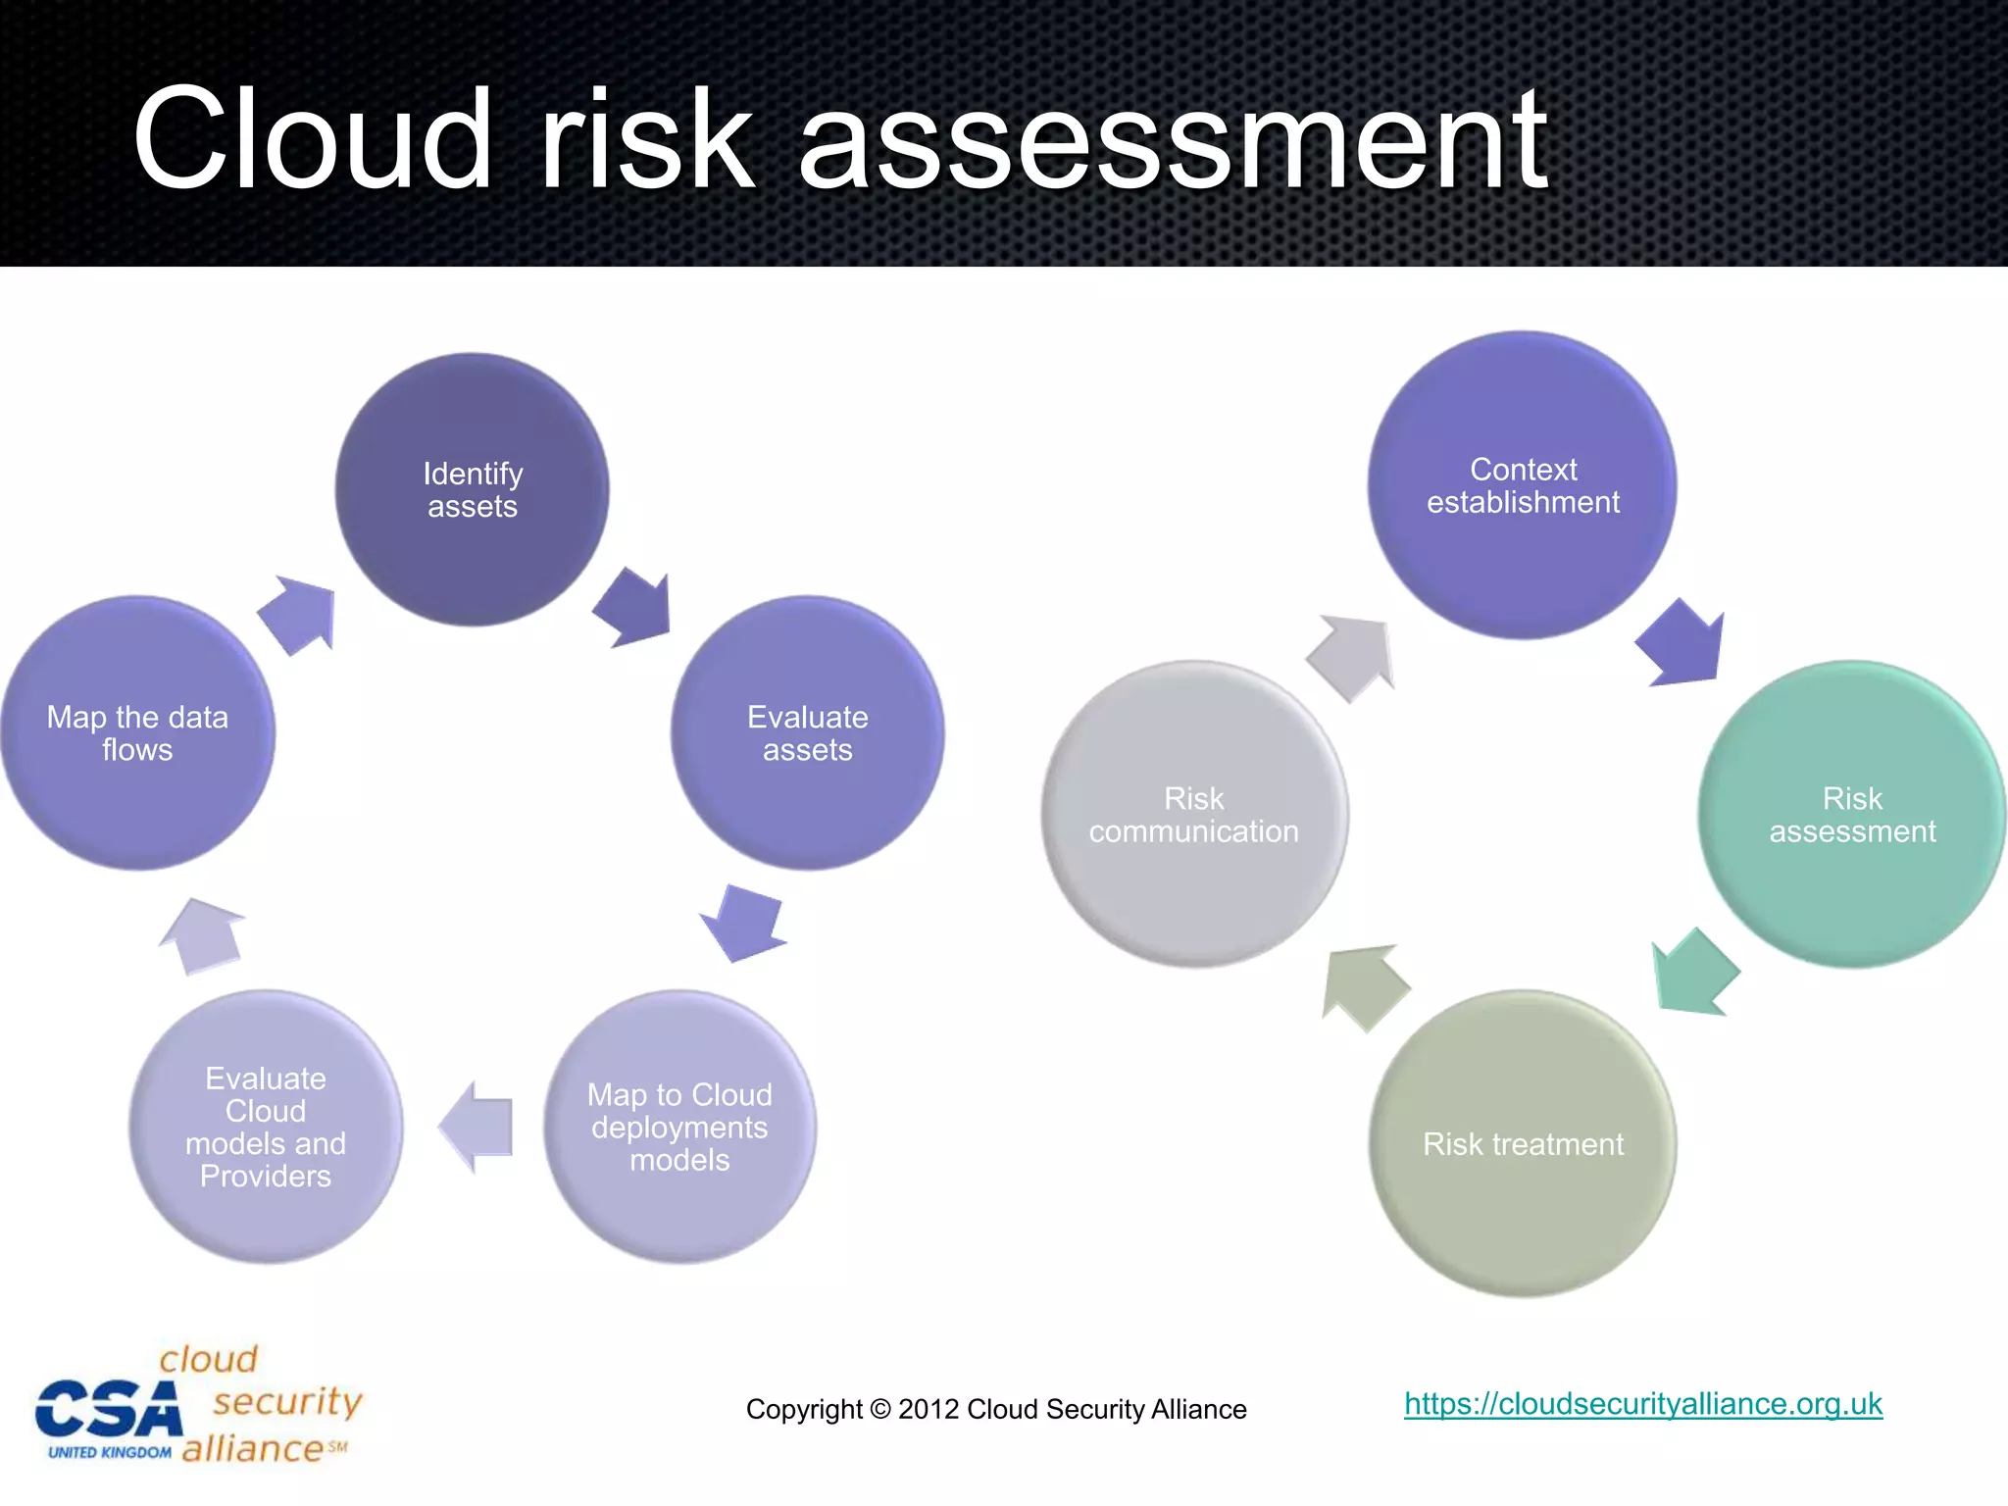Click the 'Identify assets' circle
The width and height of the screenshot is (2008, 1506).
coord(472,489)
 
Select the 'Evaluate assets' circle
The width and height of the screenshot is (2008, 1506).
coord(807,732)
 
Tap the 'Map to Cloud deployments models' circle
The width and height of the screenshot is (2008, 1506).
coord(679,1127)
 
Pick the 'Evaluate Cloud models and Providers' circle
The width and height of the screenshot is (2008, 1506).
coord(266,1127)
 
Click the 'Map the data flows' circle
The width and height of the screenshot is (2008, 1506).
coord(137,732)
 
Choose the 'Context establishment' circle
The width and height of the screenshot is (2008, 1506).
coord(1523,485)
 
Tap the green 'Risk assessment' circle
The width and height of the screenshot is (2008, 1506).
coord(1852,814)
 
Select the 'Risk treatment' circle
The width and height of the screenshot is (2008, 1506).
coord(1523,1143)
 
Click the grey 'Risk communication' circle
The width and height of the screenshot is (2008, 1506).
coord(1194,814)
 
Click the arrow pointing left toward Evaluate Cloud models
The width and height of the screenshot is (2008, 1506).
coord(477,1127)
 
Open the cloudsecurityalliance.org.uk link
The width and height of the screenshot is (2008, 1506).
coord(1642,1404)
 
